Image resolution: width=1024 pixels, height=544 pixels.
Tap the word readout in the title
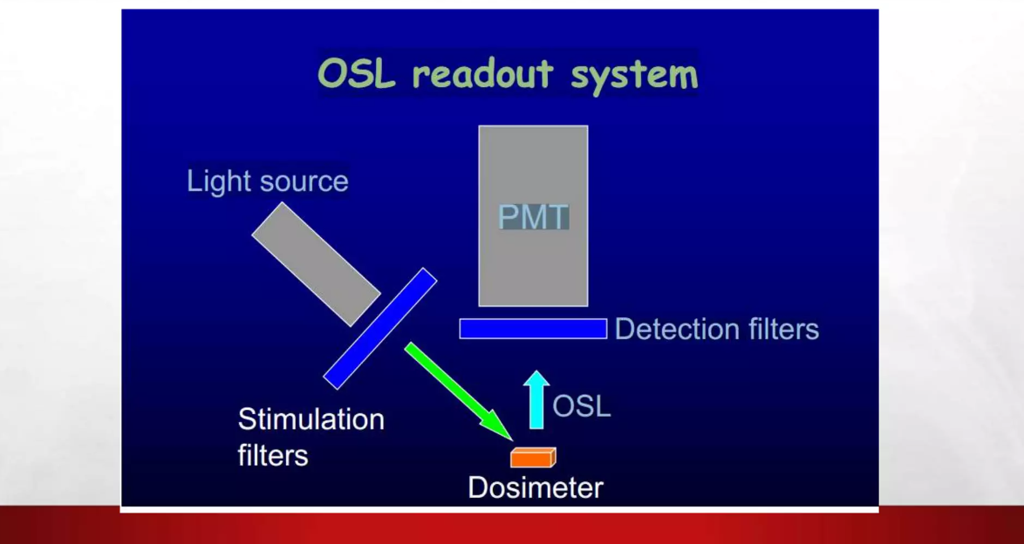pos(482,74)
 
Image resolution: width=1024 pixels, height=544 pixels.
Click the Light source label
pos(267,181)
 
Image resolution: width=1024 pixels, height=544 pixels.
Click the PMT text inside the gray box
pos(533,217)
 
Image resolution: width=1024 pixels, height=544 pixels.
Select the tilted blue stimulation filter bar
pos(380,328)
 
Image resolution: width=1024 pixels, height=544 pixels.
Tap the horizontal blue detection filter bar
pos(533,329)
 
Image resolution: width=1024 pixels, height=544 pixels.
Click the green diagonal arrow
pos(456,390)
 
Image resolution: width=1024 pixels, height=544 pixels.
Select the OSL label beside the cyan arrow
pos(582,406)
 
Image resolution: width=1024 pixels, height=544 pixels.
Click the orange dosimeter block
pos(532,457)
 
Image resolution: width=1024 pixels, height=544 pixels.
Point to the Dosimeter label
pos(535,487)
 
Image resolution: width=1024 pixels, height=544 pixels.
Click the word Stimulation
pos(311,419)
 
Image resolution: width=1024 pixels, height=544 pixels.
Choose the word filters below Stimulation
pos(272,454)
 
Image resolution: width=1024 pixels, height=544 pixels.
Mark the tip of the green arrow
pos(508,436)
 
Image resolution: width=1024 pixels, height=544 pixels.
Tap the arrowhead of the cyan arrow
pos(536,379)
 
